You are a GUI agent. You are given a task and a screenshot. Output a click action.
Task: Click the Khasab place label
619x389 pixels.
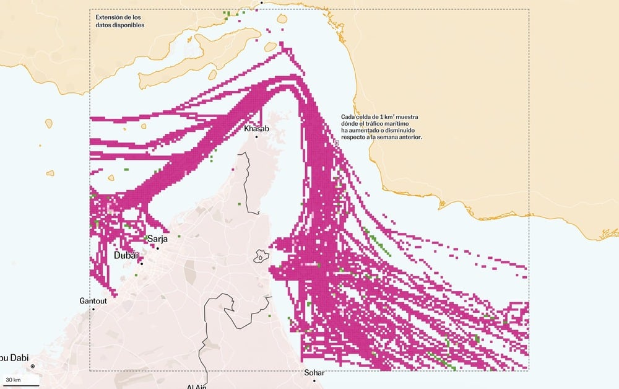pos(257,128)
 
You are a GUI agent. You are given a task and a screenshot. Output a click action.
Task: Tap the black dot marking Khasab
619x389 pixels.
pos(257,136)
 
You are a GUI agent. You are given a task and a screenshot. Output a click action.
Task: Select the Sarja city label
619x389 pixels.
pos(157,239)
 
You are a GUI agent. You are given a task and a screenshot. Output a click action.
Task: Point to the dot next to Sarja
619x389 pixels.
pos(158,248)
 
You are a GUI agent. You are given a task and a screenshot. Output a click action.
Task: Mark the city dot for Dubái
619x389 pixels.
pos(141,264)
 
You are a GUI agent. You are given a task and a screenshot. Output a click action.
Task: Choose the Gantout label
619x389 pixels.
pos(93,300)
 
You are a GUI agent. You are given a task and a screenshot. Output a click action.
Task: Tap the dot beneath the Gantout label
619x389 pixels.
pos(93,308)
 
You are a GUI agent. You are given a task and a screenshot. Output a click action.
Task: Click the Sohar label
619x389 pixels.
pos(314,373)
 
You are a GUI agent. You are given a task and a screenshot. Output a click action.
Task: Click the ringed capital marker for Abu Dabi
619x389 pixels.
pos(33,366)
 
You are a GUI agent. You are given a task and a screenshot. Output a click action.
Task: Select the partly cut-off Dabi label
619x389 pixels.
pos(14,357)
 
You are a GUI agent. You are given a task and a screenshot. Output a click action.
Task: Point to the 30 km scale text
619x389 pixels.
pos(13,379)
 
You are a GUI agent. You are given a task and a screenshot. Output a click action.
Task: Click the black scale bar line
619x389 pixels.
pos(22,385)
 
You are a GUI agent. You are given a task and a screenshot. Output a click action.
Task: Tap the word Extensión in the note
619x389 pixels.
pos(110,17)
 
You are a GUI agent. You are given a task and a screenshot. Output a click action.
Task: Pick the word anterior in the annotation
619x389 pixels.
pos(409,137)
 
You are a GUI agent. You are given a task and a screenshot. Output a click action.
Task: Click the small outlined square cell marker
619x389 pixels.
pos(337,142)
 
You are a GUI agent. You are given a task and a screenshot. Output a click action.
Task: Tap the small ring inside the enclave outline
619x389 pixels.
pos(261,257)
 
